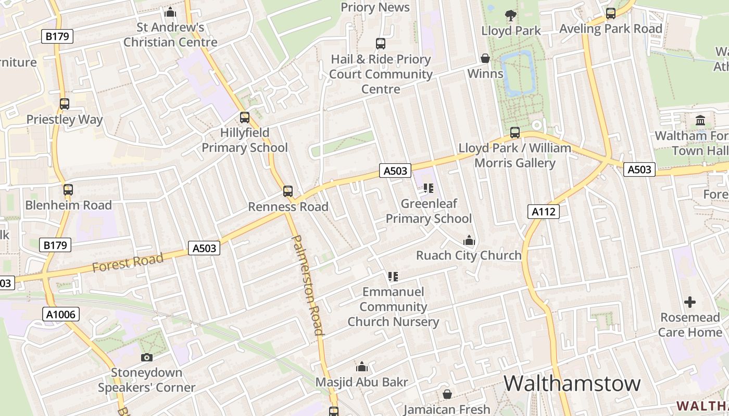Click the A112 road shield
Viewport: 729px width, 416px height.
[x=544, y=211]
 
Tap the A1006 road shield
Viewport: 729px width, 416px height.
[x=60, y=314]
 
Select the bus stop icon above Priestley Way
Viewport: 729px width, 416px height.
[x=65, y=104]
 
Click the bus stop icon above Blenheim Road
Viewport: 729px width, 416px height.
[x=68, y=190]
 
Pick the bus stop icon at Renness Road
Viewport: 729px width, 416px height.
[x=288, y=191]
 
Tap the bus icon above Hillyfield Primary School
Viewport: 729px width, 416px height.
[x=245, y=118]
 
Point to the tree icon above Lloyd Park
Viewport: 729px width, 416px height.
[x=511, y=16]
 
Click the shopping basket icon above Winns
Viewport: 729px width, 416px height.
[x=485, y=58]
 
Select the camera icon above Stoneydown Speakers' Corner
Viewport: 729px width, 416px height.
[x=147, y=357]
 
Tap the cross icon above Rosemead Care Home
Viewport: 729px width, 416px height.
[x=690, y=302]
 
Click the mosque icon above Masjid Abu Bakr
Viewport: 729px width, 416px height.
[x=362, y=367]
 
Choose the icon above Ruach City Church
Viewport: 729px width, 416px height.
[x=469, y=240]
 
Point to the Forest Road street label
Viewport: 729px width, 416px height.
[x=128, y=262]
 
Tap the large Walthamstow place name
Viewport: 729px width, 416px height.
[x=572, y=384]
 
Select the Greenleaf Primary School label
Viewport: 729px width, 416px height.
[x=429, y=211]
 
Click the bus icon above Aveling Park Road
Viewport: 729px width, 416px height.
[x=611, y=14]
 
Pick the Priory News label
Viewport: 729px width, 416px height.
[x=375, y=7]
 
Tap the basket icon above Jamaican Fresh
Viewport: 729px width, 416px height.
[x=447, y=395]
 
